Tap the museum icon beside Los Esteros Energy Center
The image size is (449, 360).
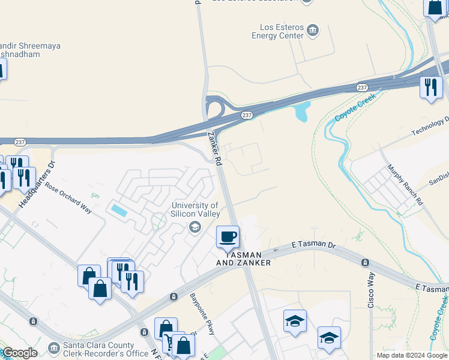pos(312,30)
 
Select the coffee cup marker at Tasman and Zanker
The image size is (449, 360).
pos(228,237)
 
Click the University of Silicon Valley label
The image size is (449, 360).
pos(194,210)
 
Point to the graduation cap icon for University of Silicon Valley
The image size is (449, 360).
pos(194,227)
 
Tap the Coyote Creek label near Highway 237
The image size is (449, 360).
pos(355,107)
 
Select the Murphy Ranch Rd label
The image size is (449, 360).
pos(405,185)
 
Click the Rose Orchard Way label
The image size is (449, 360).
pos(69,197)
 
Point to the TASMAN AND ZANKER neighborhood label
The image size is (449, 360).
pos(244,259)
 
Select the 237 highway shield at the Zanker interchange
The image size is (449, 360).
pos(246,115)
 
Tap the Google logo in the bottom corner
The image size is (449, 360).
pos(19,353)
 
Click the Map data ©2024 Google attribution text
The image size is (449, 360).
pos(411,355)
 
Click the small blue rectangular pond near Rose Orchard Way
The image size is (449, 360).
pos(119,211)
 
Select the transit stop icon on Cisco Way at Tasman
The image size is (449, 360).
pos(365,263)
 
